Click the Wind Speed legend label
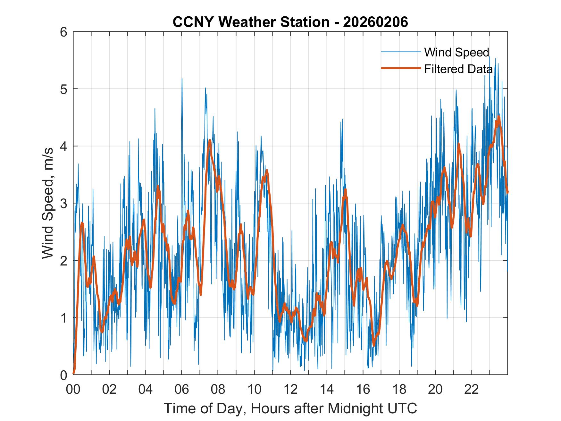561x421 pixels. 456,52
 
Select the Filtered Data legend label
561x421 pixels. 458,69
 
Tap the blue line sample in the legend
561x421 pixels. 401,52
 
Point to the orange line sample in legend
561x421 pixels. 401,68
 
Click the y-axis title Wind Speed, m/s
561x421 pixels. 48,203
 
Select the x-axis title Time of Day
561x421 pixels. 290,408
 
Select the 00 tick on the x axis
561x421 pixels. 73,390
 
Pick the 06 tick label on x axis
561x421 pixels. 182,390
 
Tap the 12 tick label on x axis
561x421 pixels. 290,390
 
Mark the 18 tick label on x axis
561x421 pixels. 399,390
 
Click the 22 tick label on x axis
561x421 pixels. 472,390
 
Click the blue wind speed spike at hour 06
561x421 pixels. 182,79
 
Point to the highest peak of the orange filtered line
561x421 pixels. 498,117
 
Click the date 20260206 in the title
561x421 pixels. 375,22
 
